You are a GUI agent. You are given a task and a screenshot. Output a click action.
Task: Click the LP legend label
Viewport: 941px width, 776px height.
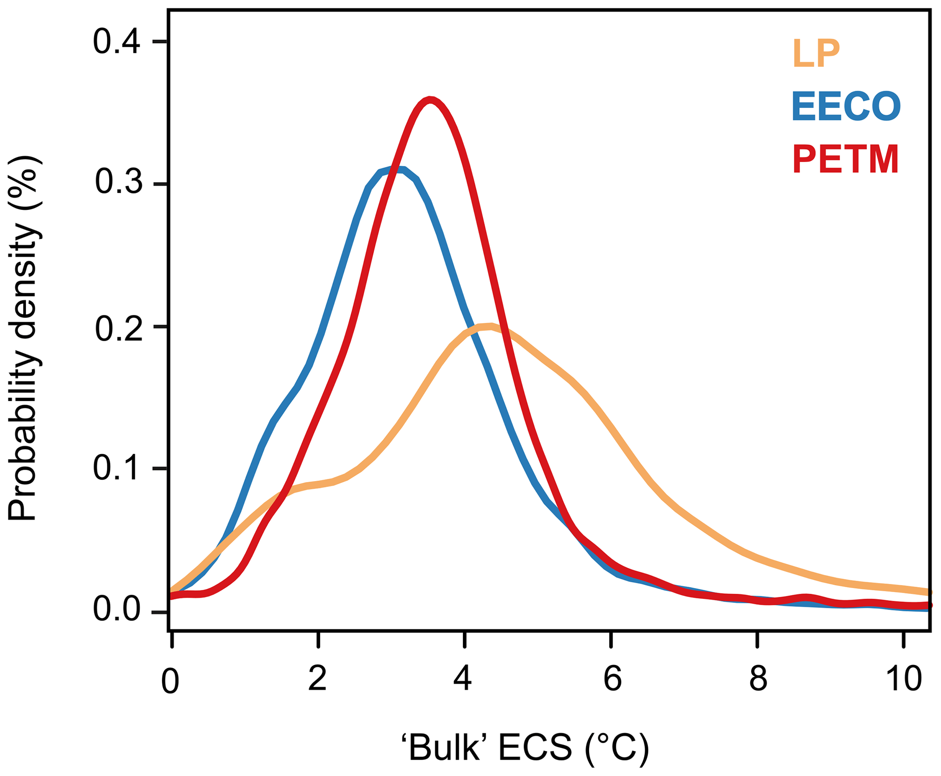816,54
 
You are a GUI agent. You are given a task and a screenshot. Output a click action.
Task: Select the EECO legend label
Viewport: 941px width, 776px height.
846,107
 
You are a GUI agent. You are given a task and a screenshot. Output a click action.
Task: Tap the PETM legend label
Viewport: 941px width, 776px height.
845,159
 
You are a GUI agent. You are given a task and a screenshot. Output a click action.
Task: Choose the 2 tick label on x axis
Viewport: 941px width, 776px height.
317,680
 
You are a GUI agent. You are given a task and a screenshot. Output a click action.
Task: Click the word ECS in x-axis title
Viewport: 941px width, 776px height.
535,749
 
